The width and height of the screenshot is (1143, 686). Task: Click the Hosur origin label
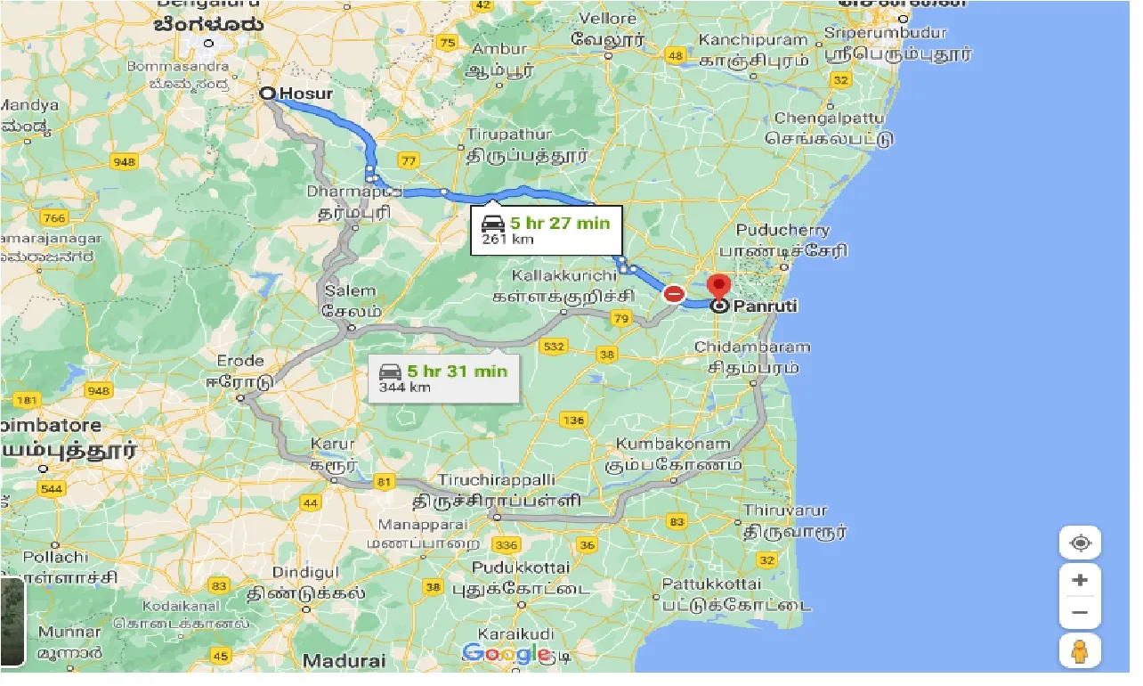pos(305,94)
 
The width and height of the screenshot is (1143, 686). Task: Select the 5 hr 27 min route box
pos(546,230)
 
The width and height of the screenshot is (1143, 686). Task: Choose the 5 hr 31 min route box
pos(442,378)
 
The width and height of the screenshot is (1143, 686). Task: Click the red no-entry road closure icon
pos(674,293)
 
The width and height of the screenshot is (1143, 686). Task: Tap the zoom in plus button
pos(1080,580)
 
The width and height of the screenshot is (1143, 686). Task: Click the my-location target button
pos(1080,543)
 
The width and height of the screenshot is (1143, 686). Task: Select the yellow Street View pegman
pos(1080,652)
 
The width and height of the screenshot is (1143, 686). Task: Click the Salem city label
pos(351,291)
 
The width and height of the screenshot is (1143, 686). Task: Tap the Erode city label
pos(240,361)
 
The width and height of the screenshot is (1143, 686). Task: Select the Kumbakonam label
pos(673,444)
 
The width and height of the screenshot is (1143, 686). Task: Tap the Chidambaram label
pos(752,347)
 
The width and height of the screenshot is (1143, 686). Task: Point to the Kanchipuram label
pos(753,41)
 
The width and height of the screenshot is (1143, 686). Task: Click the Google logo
pos(506,654)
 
